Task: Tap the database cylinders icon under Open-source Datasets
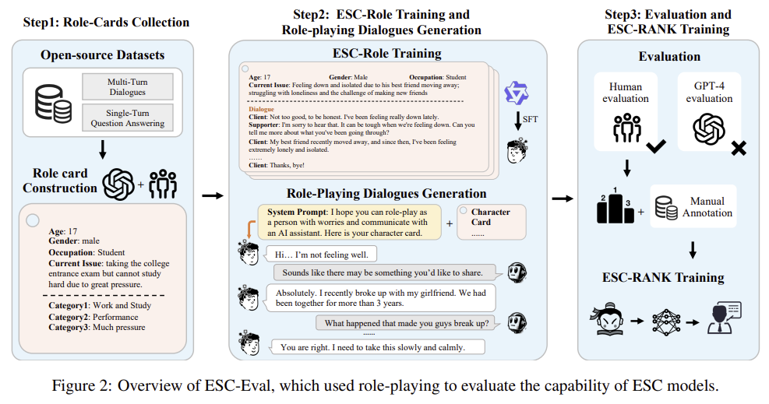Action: coord(53,102)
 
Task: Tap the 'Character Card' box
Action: coord(489,221)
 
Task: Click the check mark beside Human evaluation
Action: coord(657,144)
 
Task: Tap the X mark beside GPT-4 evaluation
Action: coord(736,147)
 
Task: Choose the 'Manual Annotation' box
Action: coord(694,206)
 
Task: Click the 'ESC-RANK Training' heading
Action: coord(663,277)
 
